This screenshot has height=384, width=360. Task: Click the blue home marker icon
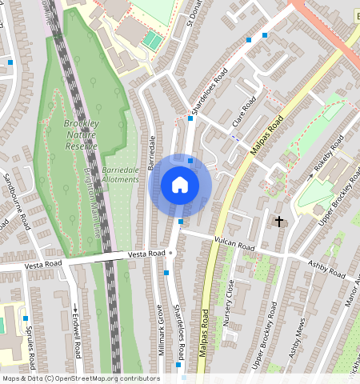point(180,185)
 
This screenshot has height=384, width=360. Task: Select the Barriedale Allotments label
point(121,175)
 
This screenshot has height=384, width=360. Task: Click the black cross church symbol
point(279,221)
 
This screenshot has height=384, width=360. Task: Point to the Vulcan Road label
point(234,243)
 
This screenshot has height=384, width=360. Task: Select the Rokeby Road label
point(327,151)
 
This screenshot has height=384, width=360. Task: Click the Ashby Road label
point(329,269)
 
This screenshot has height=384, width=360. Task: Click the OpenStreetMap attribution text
point(81,378)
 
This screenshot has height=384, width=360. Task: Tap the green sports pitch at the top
point(151,39)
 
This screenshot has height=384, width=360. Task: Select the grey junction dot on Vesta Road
point(170,253)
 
